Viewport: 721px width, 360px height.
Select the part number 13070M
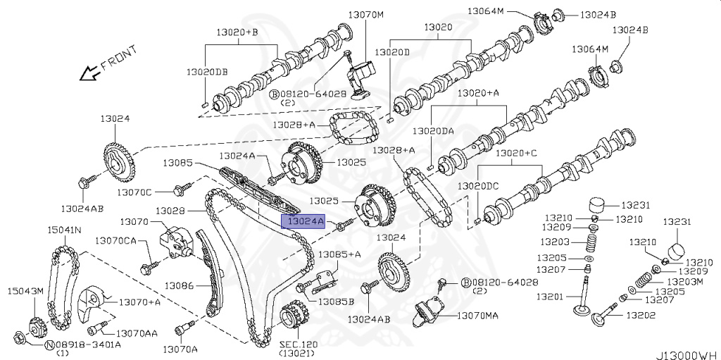point(367,14)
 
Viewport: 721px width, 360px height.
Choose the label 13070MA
point(477,316)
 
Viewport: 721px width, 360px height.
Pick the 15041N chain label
point(64,230)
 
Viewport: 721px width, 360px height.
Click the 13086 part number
point(179,285)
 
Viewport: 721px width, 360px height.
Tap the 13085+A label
point(339,254)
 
